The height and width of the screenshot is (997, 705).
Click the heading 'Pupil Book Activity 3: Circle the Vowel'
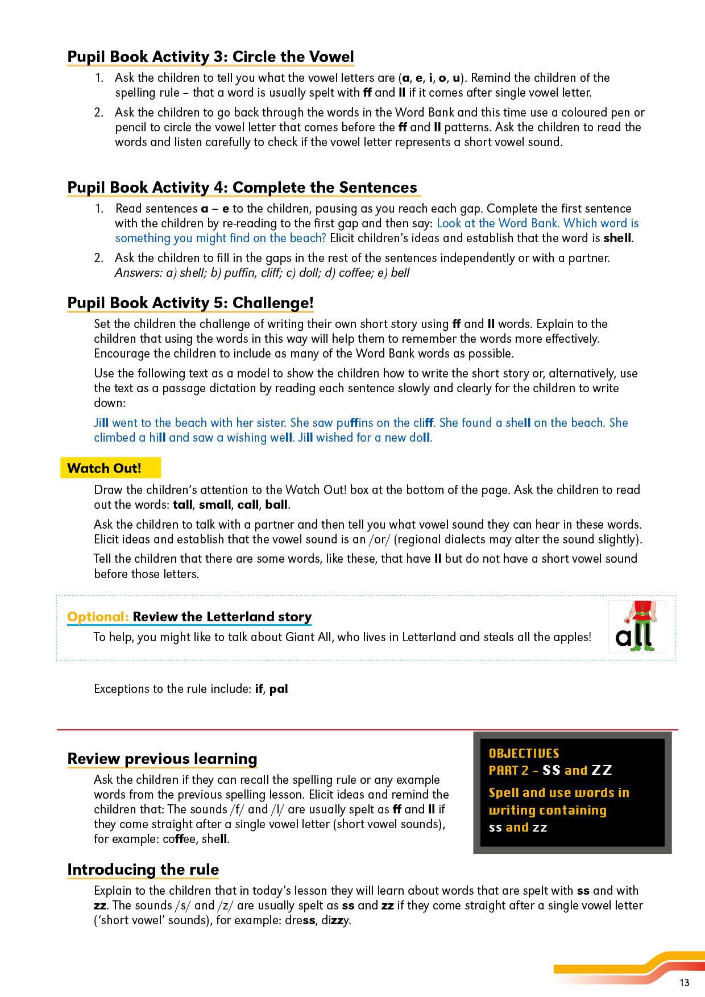pos(210,57)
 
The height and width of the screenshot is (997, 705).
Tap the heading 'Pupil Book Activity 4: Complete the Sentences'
pos(242,188)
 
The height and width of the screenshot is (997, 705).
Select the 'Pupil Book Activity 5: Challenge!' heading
pos(190,303)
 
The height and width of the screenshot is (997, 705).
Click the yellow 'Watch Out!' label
pos(105,468)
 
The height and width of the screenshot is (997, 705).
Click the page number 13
pos(683,982)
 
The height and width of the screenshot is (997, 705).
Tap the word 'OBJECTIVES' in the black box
pos(524,753)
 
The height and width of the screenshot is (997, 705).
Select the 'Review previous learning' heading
pos(162,759)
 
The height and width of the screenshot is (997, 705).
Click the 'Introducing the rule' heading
pos(143,870)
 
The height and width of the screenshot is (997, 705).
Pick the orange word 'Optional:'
pos(98,617)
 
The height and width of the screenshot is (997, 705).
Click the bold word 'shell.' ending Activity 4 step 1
pos(618,238)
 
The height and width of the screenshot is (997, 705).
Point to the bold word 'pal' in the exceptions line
pos(279,689)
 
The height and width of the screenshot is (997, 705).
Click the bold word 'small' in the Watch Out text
pos(215,505)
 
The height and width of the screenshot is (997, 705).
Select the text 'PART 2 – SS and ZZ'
pos(550,771)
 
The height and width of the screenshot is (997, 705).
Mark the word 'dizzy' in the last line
pos(336,920)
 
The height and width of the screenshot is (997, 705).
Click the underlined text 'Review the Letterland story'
pos(222,617)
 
